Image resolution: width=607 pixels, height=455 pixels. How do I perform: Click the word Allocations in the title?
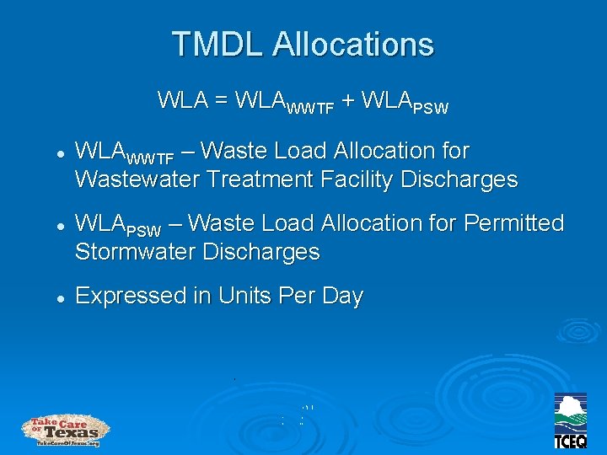353,45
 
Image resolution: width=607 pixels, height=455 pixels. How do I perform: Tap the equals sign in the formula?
221,100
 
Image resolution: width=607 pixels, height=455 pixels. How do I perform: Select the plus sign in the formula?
348,100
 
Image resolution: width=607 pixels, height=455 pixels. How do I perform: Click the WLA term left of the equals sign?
182,100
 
